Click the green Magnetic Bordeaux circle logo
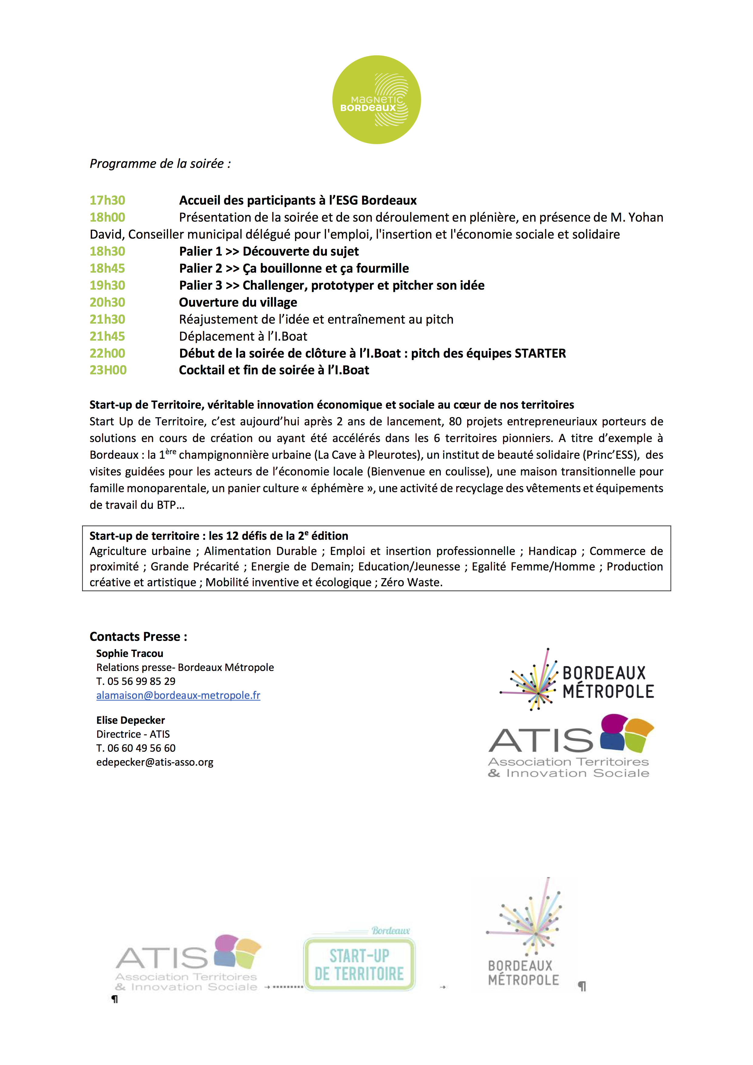pos(376,100)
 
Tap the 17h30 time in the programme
pos(107,200)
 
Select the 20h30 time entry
pos(107,302)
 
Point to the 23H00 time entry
pos(108,370)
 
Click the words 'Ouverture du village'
pos(238,302)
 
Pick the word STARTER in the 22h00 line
pos(540,353)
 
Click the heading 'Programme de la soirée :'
pos(160,164)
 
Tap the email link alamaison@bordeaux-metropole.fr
pos(178,695)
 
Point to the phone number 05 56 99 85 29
pos(142,681)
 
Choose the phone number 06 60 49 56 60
pos(142,748)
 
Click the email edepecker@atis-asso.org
pos(155,762)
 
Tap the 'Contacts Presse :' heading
pos(138,637)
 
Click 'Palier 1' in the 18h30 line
pos(201,251)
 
